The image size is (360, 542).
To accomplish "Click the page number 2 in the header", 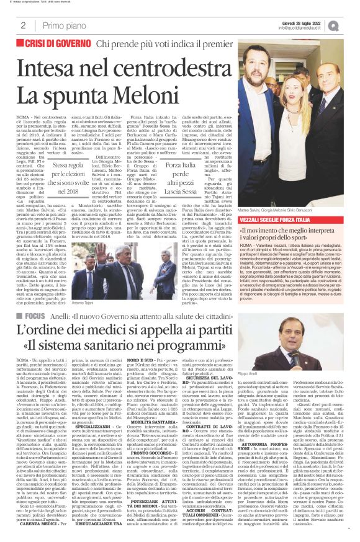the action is [22, 25].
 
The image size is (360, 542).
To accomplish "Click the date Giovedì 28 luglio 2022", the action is [310, 22].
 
